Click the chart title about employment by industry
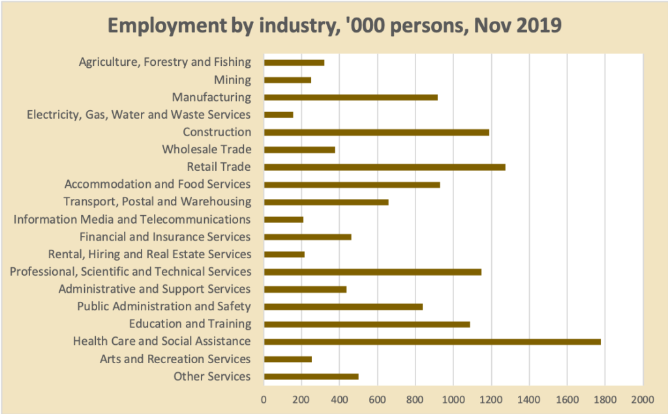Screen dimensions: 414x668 click(334, 25)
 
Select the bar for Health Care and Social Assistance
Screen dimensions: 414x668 click(432, 342)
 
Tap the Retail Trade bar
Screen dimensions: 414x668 click(384, 168)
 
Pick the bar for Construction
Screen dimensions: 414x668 click(376, 132)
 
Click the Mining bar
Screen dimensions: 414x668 click(287, 80)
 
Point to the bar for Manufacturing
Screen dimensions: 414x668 click(350, 98)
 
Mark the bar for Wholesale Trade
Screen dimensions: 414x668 click(299, 150)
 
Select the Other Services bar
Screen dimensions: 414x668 click(311, 377)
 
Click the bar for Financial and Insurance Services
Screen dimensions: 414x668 click(307, 237)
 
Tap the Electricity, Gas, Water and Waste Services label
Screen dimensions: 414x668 click(138, 115)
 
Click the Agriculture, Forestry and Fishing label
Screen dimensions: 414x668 click(164, 63)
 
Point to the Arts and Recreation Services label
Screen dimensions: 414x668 click(175, 359)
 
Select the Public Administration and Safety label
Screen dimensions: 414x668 click(164, 306)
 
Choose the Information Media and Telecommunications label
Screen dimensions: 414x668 click(132, 220)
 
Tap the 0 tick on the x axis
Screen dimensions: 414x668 click(264, 398)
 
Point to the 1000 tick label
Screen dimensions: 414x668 click(453, 398)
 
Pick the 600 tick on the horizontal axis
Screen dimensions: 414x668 click(377, 398)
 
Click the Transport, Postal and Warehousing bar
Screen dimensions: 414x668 click(326, 202)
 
